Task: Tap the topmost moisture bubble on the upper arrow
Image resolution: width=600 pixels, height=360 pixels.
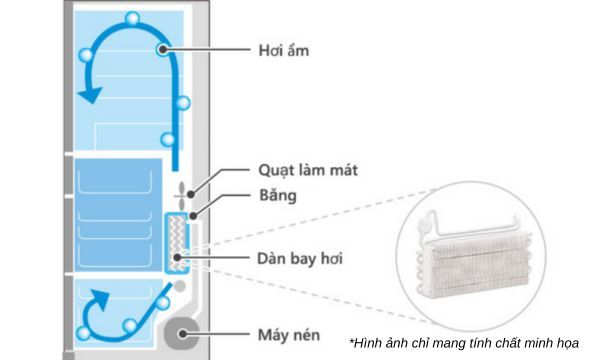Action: coord(132,18)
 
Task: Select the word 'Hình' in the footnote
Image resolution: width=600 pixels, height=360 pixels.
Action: coord(366,342)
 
